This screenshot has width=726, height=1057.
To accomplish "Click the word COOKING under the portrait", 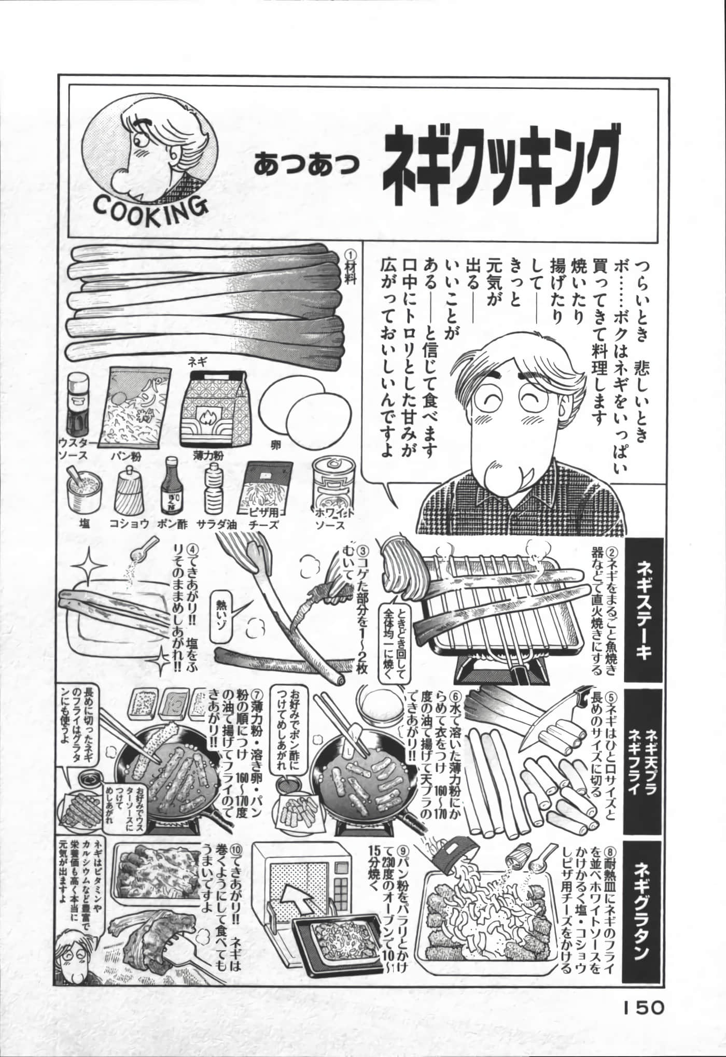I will tap(150, 207).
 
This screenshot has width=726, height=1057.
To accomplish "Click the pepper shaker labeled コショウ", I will tap(128, 490).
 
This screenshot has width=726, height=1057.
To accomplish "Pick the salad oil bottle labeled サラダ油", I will tap(215, 490).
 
